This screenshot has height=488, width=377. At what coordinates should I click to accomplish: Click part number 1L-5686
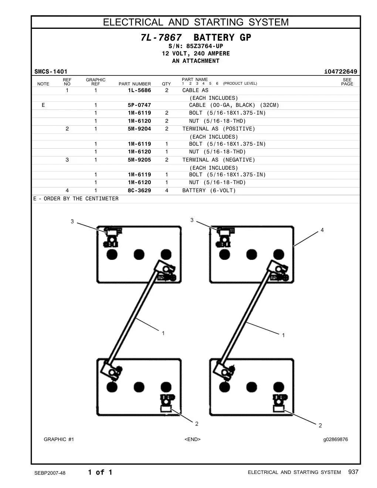pyautogui.click(x=139, y=90)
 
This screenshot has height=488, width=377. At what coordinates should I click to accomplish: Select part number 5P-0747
pyautogui.click(x=139, y=105)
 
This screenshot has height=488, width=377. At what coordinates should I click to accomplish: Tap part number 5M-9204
pyautogui.click(x=139, y=129)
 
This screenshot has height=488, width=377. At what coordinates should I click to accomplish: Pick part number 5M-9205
pyautogui.click(x=139, y=160)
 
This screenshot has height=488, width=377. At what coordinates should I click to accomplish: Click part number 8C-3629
pyautogui.click(x=139, y=190)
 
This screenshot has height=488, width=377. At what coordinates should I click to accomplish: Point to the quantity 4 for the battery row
pyautogui.click(x=167, y=190)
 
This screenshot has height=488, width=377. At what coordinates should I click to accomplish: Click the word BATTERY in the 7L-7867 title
pyautogui.click(x=214, y=37)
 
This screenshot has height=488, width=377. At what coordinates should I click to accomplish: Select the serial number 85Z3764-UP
pyautogui.click(x=204, y=46)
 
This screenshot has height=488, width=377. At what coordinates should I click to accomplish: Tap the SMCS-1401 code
pyautogui.click(x=51, y=72)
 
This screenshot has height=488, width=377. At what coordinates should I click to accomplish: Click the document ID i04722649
pyautogui.click(x=340, y=72)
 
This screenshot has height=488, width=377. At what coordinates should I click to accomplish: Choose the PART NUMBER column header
pyautogui.click(x=135, y=84)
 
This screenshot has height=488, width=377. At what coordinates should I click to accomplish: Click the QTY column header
pyautogui.click(x=166, y=84)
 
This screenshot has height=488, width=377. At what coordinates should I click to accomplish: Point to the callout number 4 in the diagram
pyautogui.click(x=322, y=230)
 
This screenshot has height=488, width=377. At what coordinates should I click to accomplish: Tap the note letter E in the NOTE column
pyautogui.click(x=43, y=105)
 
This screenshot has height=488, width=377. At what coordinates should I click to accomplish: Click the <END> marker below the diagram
pyautogui.click(x=193, y=439)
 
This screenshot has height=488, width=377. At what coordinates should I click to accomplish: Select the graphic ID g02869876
pyautogui.click(x=336, y=440)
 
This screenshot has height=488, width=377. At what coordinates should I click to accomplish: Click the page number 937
pyautogui.click(x=353, y=472)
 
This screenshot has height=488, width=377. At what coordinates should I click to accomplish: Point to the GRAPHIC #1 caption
pyautogui.click(x=59, y=439)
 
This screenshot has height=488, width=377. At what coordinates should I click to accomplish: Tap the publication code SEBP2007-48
pyautogui.click(x=50, y=473)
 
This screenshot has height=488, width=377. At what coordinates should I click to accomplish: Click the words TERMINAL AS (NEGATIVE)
pyautogui.click(x=219, y=160)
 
